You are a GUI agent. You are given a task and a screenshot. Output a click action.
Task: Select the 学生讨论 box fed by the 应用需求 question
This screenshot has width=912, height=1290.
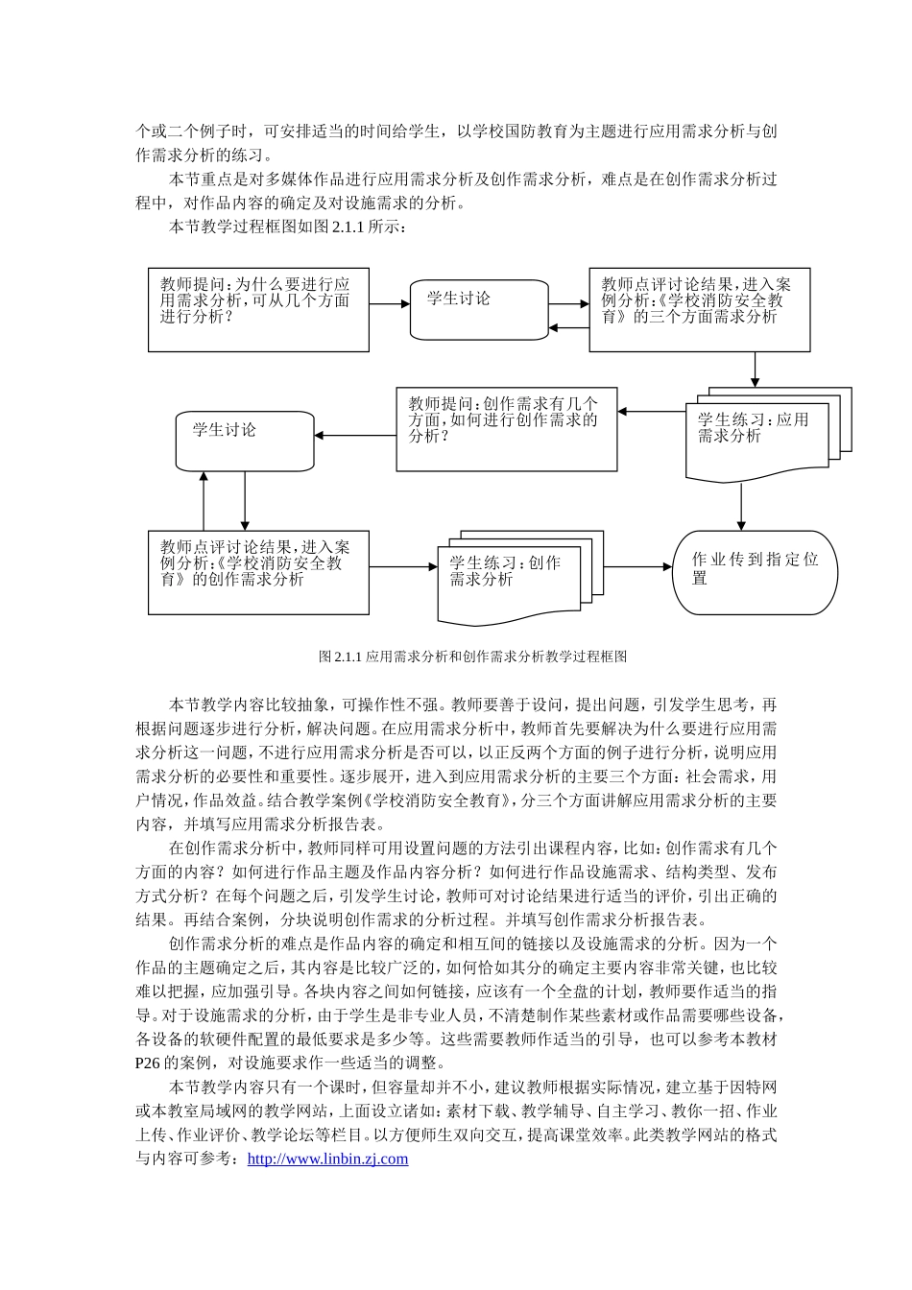pyautogui.click(x=479, y=309)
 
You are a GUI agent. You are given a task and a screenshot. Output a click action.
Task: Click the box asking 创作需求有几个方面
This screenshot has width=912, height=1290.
pyautogui.click(x=507, y=429)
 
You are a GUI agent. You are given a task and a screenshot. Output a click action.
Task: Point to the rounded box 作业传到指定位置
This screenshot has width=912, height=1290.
pyautogui.click(x=755, y=572)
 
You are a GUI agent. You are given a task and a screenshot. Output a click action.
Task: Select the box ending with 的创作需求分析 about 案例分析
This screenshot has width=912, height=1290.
pyautogui.click(x=258, y=572)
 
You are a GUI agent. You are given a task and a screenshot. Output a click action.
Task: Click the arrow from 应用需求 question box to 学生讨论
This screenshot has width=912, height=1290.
pyautogui.click(x=390, y=304)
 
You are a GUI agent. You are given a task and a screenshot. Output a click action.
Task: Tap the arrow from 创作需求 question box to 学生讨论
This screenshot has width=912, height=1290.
pyautogui.click(x=355, y=437)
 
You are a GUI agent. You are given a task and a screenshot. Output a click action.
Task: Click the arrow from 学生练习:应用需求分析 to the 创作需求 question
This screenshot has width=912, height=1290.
pyautogui.click(x=653, y=413)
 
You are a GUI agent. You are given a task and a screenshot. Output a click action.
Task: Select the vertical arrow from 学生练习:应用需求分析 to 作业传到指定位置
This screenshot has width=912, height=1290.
pyautogui.click(x=741, y=507)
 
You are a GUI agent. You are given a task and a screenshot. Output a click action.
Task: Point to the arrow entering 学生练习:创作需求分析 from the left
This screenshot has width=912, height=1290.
pyautogui.click(x=403, y=567)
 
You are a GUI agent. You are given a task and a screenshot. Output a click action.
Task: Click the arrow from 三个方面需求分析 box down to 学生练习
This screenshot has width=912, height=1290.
pyautogui.click(x=756, y=369)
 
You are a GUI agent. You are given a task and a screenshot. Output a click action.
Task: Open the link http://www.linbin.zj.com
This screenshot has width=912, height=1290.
pyautogui.click(x=327, y=1159)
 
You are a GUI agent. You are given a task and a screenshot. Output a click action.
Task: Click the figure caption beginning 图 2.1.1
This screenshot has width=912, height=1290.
pyautogui.click(x=472, y=657)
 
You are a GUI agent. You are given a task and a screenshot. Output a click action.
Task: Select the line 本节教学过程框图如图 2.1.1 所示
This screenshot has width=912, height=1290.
pyautogui.click(x=288, y=227)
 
